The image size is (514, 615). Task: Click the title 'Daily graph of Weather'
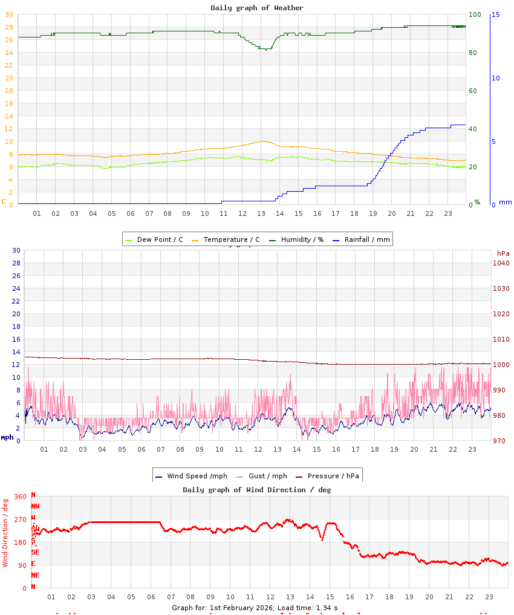(x=257, y=8)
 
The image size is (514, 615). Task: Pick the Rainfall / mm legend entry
(x=367, y=239)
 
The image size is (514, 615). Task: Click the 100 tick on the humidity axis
(x=475, y=15)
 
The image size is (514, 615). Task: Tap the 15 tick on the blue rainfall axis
(x=495, y=15)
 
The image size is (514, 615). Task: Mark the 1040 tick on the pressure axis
(x=501, y=263)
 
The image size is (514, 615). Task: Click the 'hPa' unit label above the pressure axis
(x=503, y=253)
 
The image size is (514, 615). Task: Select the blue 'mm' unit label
(x=505, y=203)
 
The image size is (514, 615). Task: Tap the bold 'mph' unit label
(x=7, y=437)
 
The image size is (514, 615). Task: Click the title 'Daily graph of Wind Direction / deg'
(x=257, y=490)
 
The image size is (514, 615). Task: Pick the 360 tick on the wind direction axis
(x=21, y=496)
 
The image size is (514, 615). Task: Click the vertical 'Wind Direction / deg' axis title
(x=5, y=533)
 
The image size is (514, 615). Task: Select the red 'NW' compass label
(x=36, y=506)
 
